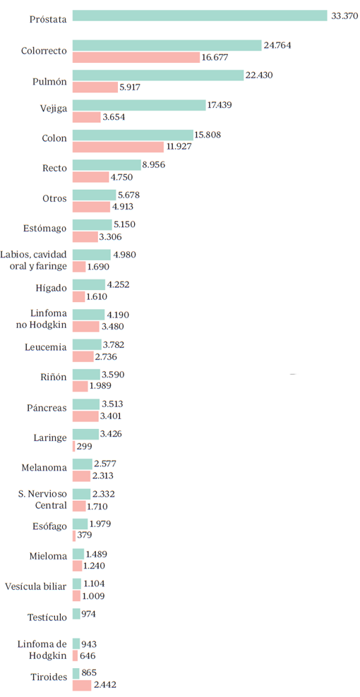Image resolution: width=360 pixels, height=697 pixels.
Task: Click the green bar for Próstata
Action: (200, 16)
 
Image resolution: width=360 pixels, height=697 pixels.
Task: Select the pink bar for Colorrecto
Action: (136, 57)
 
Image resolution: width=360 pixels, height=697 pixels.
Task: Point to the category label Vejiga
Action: (54, 108)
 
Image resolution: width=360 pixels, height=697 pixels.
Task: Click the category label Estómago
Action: (45, 228)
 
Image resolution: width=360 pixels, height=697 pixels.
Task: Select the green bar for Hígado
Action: (88, 284)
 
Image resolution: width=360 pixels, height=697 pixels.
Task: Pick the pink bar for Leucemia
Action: (83, 357)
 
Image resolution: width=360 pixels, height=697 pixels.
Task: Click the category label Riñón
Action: (53, 377)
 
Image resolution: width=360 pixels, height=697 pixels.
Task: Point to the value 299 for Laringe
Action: (83, 447)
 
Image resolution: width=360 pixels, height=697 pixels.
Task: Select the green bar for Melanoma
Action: (82, 463)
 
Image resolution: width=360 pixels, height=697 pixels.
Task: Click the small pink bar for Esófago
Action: (73, 535)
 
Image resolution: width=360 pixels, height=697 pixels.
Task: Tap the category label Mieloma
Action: (49, 556)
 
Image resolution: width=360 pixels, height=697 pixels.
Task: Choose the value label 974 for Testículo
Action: (89, 614)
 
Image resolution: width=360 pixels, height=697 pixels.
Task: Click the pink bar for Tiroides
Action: (82, 685)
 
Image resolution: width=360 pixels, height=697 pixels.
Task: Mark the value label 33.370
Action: (344, 16)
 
